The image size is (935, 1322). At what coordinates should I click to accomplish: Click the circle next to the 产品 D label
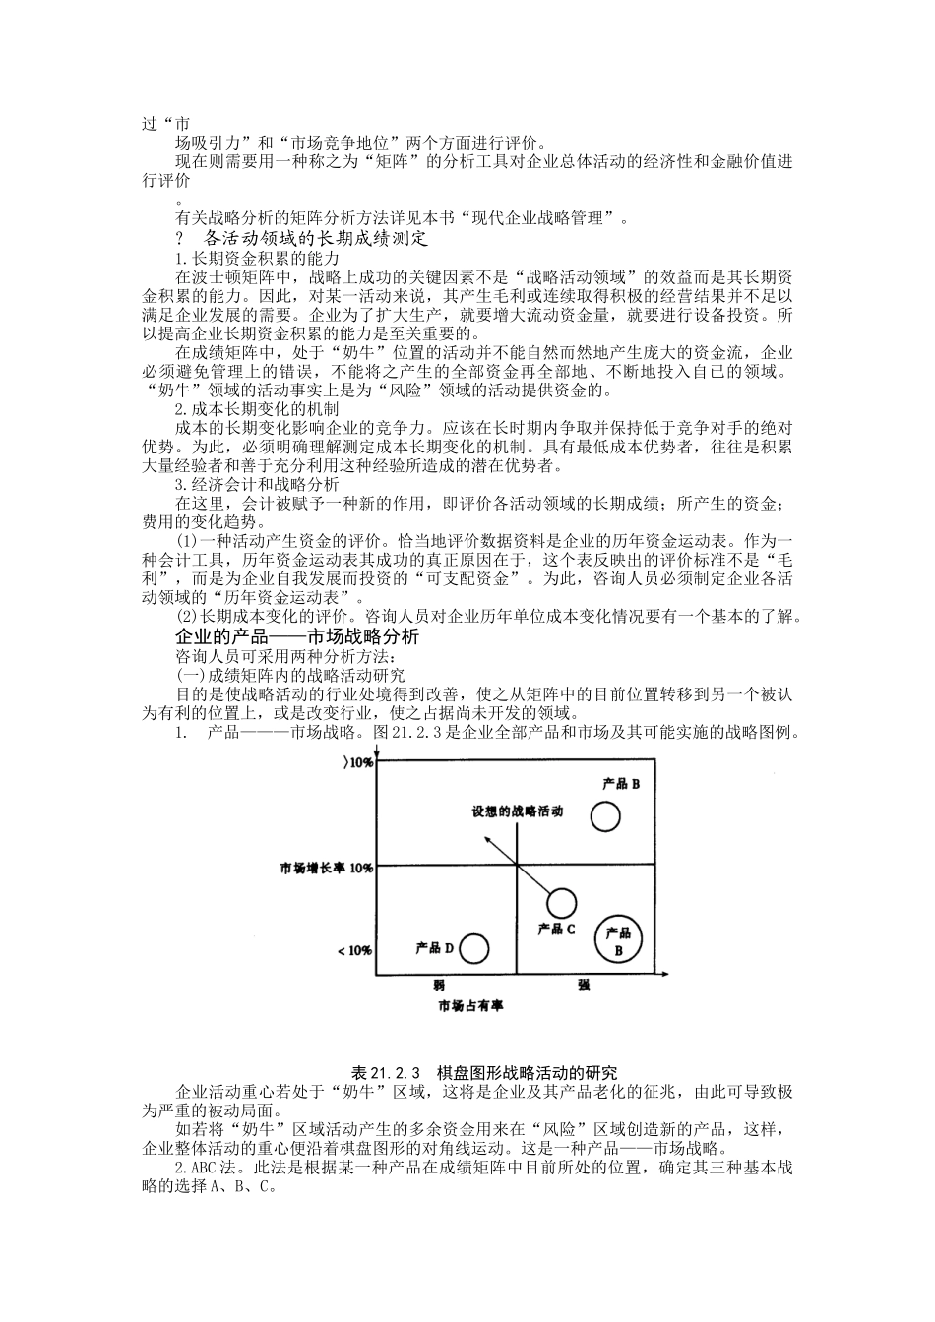click(474, 948)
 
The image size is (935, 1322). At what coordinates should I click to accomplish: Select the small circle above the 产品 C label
click(561, 902)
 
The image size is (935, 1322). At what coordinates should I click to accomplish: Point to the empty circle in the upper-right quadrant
click(606, 816)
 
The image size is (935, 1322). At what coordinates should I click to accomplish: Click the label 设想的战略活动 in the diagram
click(517, 811)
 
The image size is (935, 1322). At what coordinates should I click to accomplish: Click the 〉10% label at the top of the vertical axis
click(356, 763)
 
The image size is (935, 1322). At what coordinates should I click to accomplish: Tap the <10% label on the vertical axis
click(354, 951)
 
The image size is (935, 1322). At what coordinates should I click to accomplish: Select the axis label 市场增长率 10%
click(326, 869)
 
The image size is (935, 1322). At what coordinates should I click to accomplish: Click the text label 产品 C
click(557, 928)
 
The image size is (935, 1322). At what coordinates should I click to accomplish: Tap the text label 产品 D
click(434, 948)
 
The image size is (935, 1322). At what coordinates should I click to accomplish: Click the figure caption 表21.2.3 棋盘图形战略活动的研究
click(483, 1072)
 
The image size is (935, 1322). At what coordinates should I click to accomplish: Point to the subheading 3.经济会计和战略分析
click(257, 484)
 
